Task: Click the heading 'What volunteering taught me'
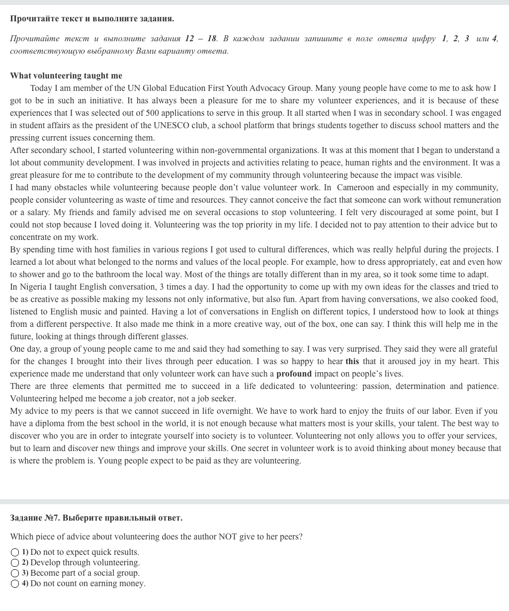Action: click(x=66, y=76)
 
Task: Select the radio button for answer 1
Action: click(x=15, y=552)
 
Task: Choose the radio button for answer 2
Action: click(x=15, y=563)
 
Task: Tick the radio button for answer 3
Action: click(x=15, y=573)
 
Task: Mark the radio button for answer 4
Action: click(x=15, y=584)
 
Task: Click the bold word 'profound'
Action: click(x=294, y=374)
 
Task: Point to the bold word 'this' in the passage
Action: click(x=352, y=361)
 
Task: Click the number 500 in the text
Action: click(x=152, y=113)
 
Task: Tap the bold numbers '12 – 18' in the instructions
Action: click(x=201, y=38)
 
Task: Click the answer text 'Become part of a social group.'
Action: click(x=85, y=573)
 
